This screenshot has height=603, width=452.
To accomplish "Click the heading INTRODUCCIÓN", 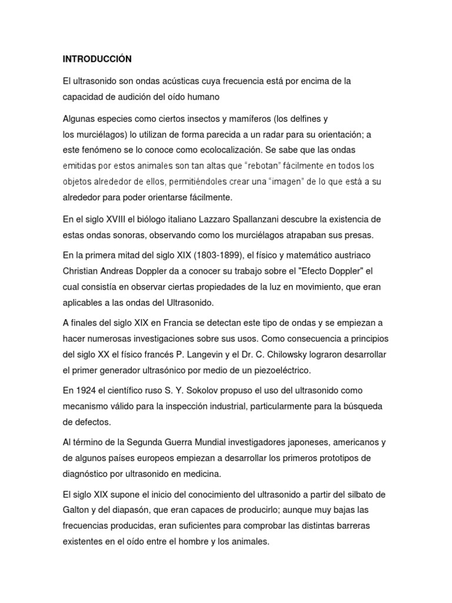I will click(x=97, y=59).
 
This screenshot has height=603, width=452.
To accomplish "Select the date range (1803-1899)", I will click(x=217, y=254).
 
